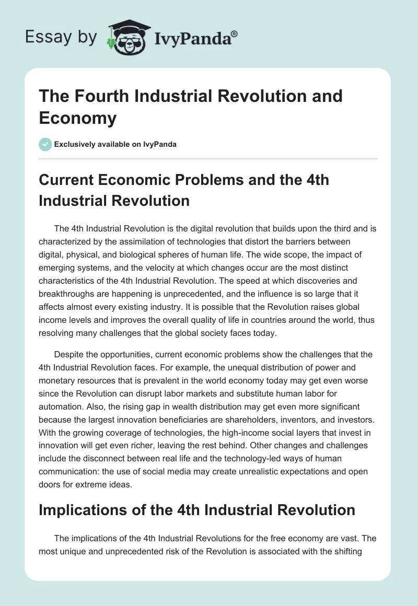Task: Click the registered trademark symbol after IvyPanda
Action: (235, 34)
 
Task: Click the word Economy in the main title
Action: (77, 118)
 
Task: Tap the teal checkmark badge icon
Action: (45, 144)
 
